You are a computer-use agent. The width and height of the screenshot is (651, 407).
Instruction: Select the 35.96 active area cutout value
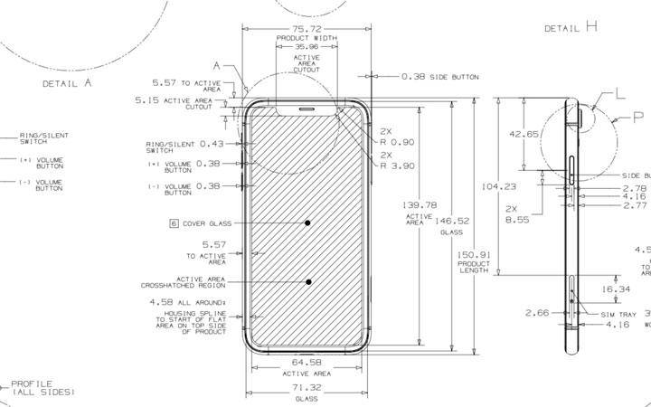[307, 47]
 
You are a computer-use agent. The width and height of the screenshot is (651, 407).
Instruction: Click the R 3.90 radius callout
[397, 166]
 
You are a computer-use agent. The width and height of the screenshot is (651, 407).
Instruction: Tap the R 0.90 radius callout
[397, 143]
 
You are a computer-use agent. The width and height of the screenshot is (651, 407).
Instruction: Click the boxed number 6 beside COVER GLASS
[171, 222]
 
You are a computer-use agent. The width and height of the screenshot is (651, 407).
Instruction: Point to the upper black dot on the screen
[308, 222]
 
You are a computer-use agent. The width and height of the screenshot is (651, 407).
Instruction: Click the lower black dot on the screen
[308, 282]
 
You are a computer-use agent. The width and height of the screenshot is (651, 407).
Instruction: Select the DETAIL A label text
[68, 82]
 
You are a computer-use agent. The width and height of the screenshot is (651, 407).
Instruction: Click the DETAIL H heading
[566, 27]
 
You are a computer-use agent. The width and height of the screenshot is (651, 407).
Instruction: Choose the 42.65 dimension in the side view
[524, 135]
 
